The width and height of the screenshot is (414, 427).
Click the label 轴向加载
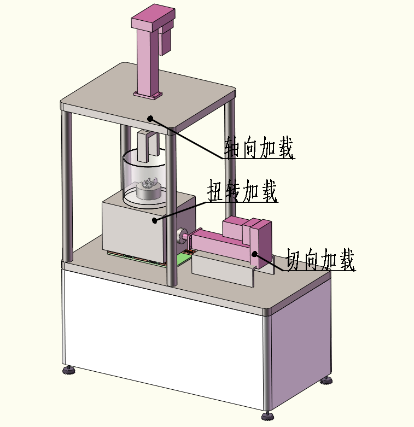259,148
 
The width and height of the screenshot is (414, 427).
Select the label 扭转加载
242,191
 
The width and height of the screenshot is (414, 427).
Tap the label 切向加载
320,260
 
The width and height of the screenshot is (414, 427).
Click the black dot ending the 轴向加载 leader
150,119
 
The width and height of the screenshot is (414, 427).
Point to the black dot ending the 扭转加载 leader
155,220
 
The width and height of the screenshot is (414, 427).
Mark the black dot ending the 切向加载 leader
255,254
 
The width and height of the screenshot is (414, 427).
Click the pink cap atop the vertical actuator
153,17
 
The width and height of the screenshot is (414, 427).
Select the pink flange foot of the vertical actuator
148,95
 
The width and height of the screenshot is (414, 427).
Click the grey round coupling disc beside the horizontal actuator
181,236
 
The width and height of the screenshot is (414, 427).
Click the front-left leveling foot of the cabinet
68,370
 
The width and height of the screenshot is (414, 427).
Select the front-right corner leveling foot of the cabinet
268,416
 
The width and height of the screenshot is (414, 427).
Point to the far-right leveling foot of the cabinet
326,381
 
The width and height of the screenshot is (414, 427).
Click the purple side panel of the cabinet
301,341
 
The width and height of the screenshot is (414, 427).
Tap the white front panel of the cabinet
164,341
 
